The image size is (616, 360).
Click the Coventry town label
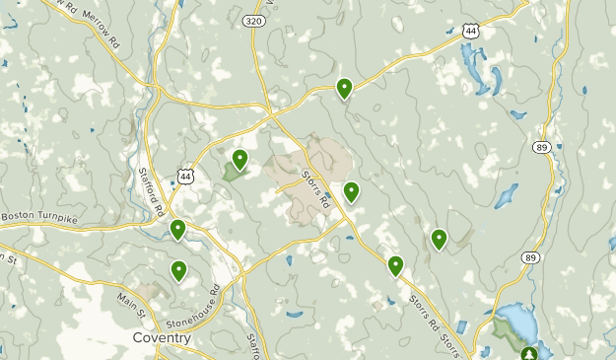[161, 337]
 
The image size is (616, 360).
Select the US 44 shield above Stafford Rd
[184, 176]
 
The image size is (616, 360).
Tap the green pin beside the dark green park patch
[240, 158]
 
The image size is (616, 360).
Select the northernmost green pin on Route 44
[344, 88]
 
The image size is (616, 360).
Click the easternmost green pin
[439, 238]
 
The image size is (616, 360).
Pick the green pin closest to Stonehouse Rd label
[179, 269]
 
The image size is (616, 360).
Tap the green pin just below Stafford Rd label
[177, 230]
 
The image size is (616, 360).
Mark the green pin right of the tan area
[351, 191]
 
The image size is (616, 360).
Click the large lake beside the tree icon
[513, 325]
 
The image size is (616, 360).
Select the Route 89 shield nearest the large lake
[530, 257]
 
